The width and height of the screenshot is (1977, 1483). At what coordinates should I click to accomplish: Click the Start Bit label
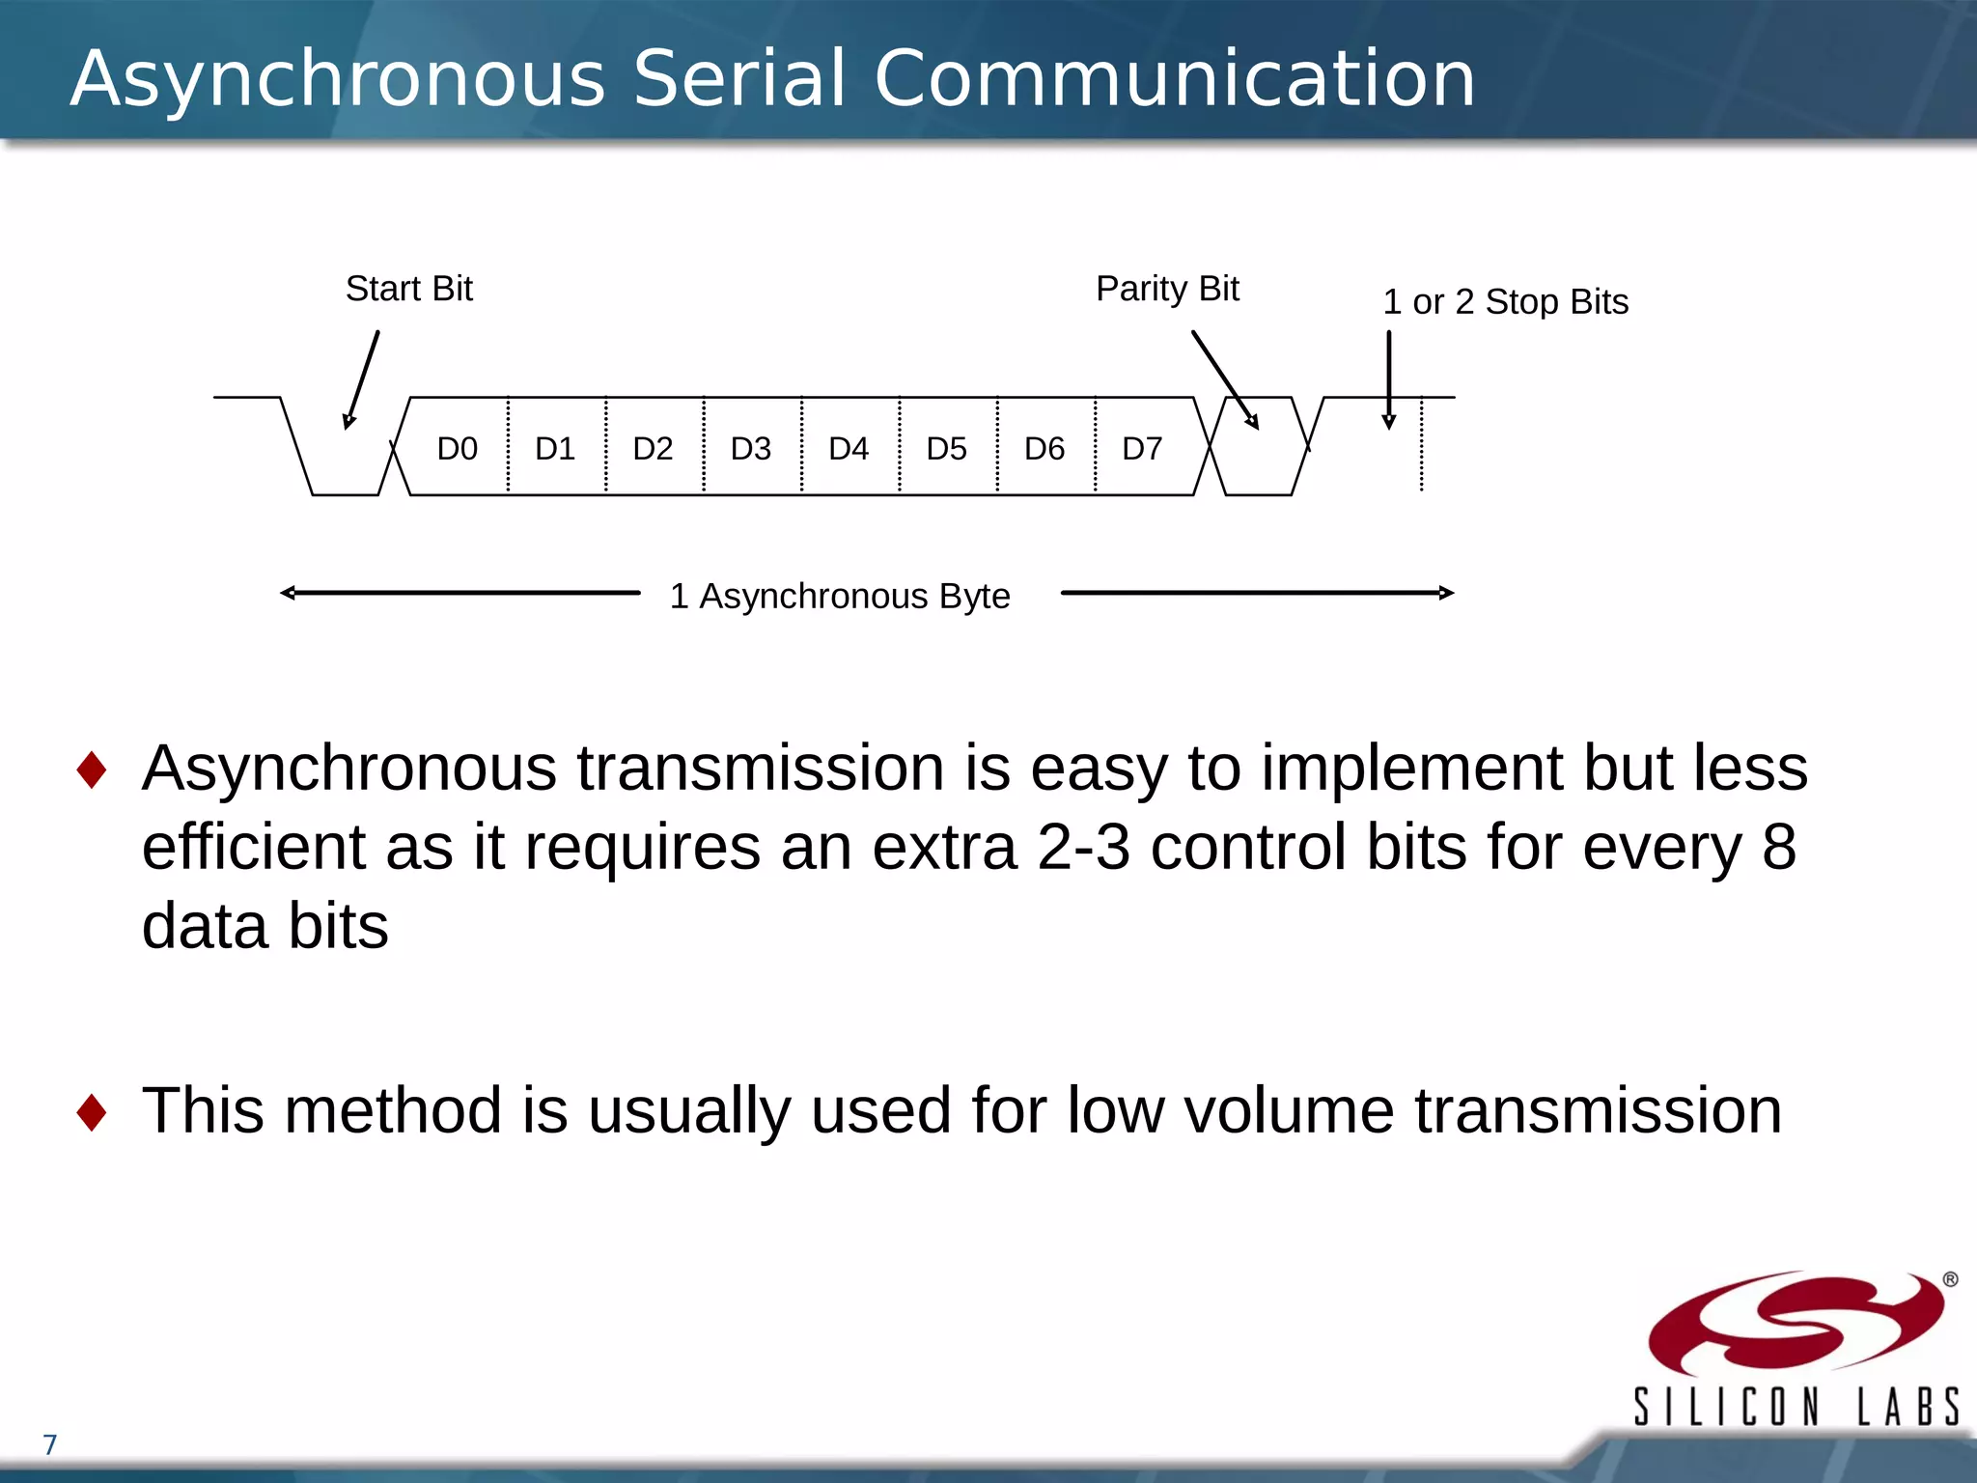click(x=409, y=289)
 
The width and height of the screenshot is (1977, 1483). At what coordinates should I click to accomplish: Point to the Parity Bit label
click(x=1167, y=289)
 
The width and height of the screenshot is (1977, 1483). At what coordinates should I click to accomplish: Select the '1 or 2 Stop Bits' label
click(x=1505, y=302)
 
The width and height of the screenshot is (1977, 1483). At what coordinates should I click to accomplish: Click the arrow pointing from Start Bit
click(x=362, y=379)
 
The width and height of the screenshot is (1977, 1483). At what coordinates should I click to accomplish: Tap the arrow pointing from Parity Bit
click(x=1224, y=378)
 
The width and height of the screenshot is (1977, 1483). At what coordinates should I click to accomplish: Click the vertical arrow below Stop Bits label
click(x=1389, y=379)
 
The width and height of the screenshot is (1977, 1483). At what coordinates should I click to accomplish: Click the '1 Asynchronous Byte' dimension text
click(x=840, y=596)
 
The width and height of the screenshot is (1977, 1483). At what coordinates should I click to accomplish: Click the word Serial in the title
click(x=738, y=78)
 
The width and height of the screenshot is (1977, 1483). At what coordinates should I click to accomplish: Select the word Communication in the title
click(x=1174, y=78)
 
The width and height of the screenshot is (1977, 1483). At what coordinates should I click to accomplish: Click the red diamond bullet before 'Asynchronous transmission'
click(x=92, y=769)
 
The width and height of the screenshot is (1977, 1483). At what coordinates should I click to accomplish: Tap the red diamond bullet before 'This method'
click(x=92, y=1111)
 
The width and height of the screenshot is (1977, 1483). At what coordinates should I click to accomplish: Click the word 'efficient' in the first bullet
click(x=253, y=847)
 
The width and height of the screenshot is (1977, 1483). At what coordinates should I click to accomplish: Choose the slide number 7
click(x=50, y=1444)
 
